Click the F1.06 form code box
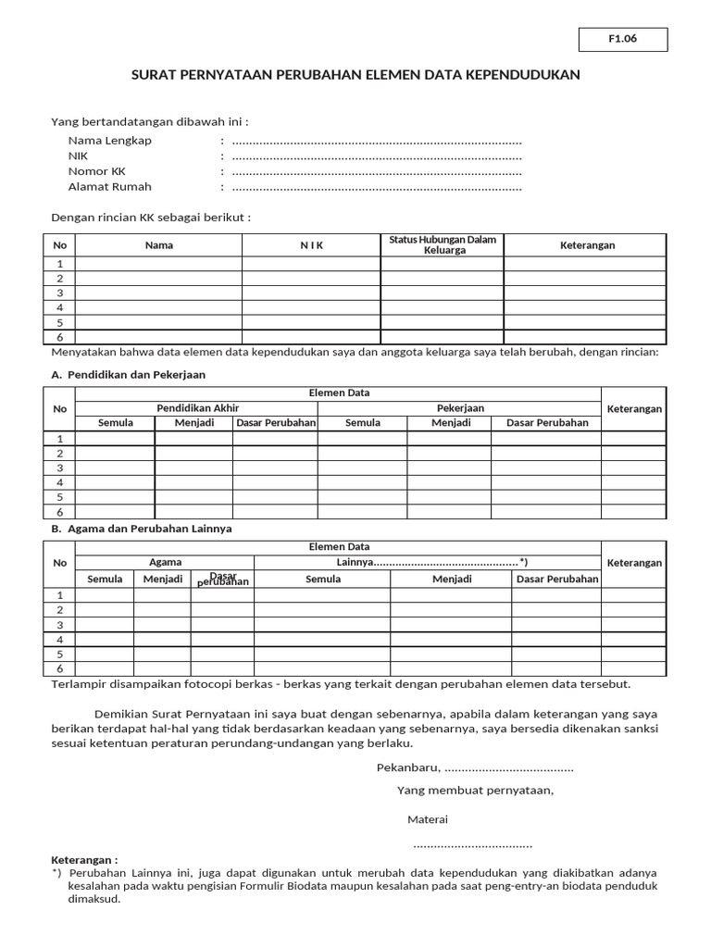pyautogui.click(x=623, y=40)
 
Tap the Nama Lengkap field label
pyautogui.click(x=109, y=141)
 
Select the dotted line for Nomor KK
pyautogui.click(x=377, y=172)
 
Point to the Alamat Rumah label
pyautogui.click(x=108, y=187)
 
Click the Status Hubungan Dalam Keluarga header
pyautogui.click(x=442, y=244)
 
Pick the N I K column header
pyautogui.click(x=311, y=245)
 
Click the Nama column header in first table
pyautogui.click(x=158, y=245)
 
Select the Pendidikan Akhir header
pyautogui.click(x=197, y=407)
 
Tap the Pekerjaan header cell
pyautogui.click(x=460, y=407)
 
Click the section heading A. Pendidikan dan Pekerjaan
pyautogui.click(x=129, y=374)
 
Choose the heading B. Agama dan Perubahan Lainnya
pyautogui.click(x=142, y=528)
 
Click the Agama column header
pyautogui.click(x=165, y=562)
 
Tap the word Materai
pyautogui.click(x=428, y=820)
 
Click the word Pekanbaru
pyautogui.click(x=407, y=768)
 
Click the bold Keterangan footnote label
pyautogui.click(x=84, y=860)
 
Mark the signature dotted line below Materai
pyautogui.click(x=472, y=845)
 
